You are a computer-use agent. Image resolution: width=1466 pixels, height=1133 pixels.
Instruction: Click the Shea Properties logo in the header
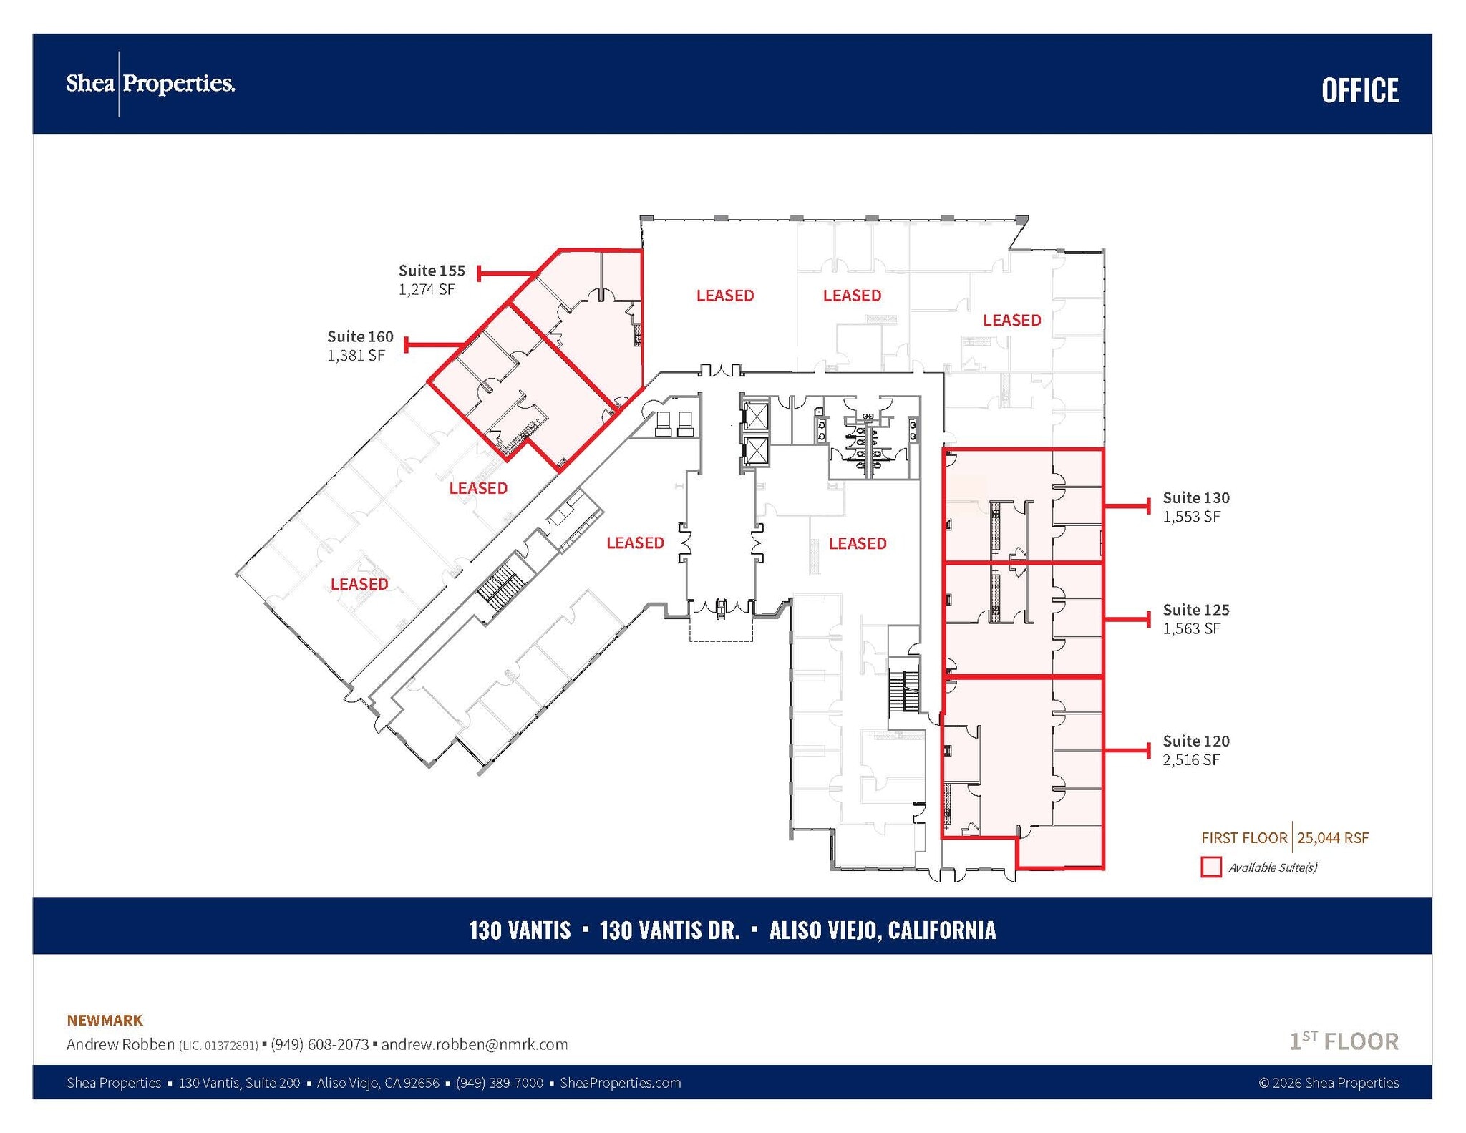coord(150,84)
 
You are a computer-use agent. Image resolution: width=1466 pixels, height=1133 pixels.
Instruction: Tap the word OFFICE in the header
coord(1360,91)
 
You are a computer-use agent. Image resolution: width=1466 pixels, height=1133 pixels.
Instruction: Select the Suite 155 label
coord(432,271)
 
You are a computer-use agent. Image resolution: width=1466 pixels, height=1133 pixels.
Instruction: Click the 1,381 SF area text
coord(356,356)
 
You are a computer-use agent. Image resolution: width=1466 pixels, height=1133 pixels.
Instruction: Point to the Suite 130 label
coord(1196,497)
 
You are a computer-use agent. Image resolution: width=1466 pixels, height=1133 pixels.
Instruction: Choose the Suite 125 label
coord(1196,610)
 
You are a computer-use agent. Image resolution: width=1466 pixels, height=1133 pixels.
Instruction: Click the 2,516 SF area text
coord(1191,760)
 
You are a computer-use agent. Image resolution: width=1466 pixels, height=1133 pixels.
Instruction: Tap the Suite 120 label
coord(1196,741)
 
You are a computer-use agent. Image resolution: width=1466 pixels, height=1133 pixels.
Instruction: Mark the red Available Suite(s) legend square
coord(1211,867)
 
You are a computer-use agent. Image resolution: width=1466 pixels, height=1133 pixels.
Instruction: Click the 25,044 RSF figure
coord(1333,837)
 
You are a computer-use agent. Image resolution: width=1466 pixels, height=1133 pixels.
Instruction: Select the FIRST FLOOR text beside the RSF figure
coord(1244,837)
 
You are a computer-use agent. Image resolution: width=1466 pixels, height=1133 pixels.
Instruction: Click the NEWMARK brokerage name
coord(105,1020)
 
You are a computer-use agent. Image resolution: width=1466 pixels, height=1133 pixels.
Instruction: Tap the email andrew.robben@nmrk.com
coord(475,1044)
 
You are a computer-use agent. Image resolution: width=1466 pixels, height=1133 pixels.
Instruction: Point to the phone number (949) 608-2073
coord(319,1044)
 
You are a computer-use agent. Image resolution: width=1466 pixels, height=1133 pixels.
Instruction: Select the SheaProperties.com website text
coord(620,1083)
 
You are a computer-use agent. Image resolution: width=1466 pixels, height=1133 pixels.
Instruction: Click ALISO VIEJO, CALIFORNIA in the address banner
coord(882,930)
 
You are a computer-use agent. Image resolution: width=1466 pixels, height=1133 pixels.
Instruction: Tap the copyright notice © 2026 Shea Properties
coord(1329,1083)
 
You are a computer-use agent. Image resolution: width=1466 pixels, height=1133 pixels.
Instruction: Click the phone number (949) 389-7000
coord(500,1083)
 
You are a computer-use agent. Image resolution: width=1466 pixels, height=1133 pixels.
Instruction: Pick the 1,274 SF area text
coord(427,290)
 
